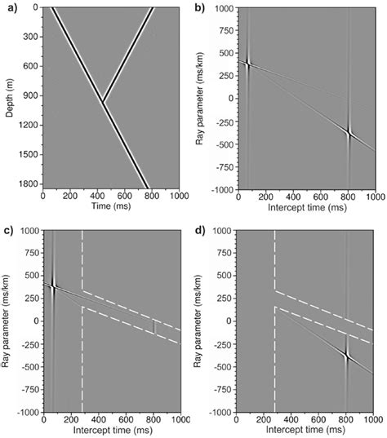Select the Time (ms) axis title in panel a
click(110, 206)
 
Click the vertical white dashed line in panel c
click(82, 343)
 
